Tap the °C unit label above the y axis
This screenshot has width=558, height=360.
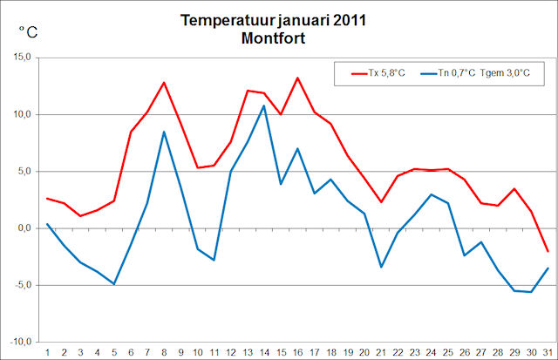click(x=29, y=33)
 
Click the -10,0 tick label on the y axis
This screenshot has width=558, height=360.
click(x=18, y=342)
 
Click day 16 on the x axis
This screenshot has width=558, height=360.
click(x=297, y=351)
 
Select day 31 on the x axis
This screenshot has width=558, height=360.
click(x=548, y=351)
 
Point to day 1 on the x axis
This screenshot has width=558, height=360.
click(x=47, y=351)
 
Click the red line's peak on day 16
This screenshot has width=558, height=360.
click(x=297, y=78)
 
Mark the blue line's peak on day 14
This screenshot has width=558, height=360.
click(x=264, y=105)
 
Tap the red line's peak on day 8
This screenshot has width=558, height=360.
click(x=164, y=83)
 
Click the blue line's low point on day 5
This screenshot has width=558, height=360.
click(x=114, y=284)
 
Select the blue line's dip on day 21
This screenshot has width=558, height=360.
click(x=381, y=267)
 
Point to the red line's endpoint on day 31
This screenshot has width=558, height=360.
click(x=548, y=251)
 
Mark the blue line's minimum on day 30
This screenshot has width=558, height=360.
click(x=531, y=292)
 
